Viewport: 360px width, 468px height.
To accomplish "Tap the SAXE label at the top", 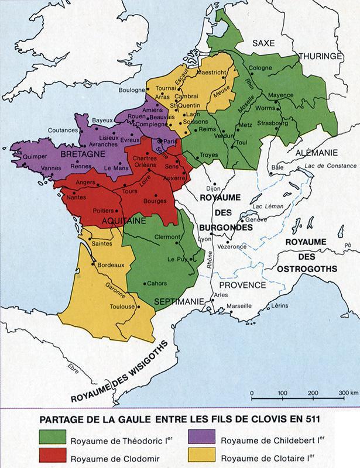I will (x=264, y=43).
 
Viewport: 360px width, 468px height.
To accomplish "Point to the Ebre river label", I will (x=74, y=369).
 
